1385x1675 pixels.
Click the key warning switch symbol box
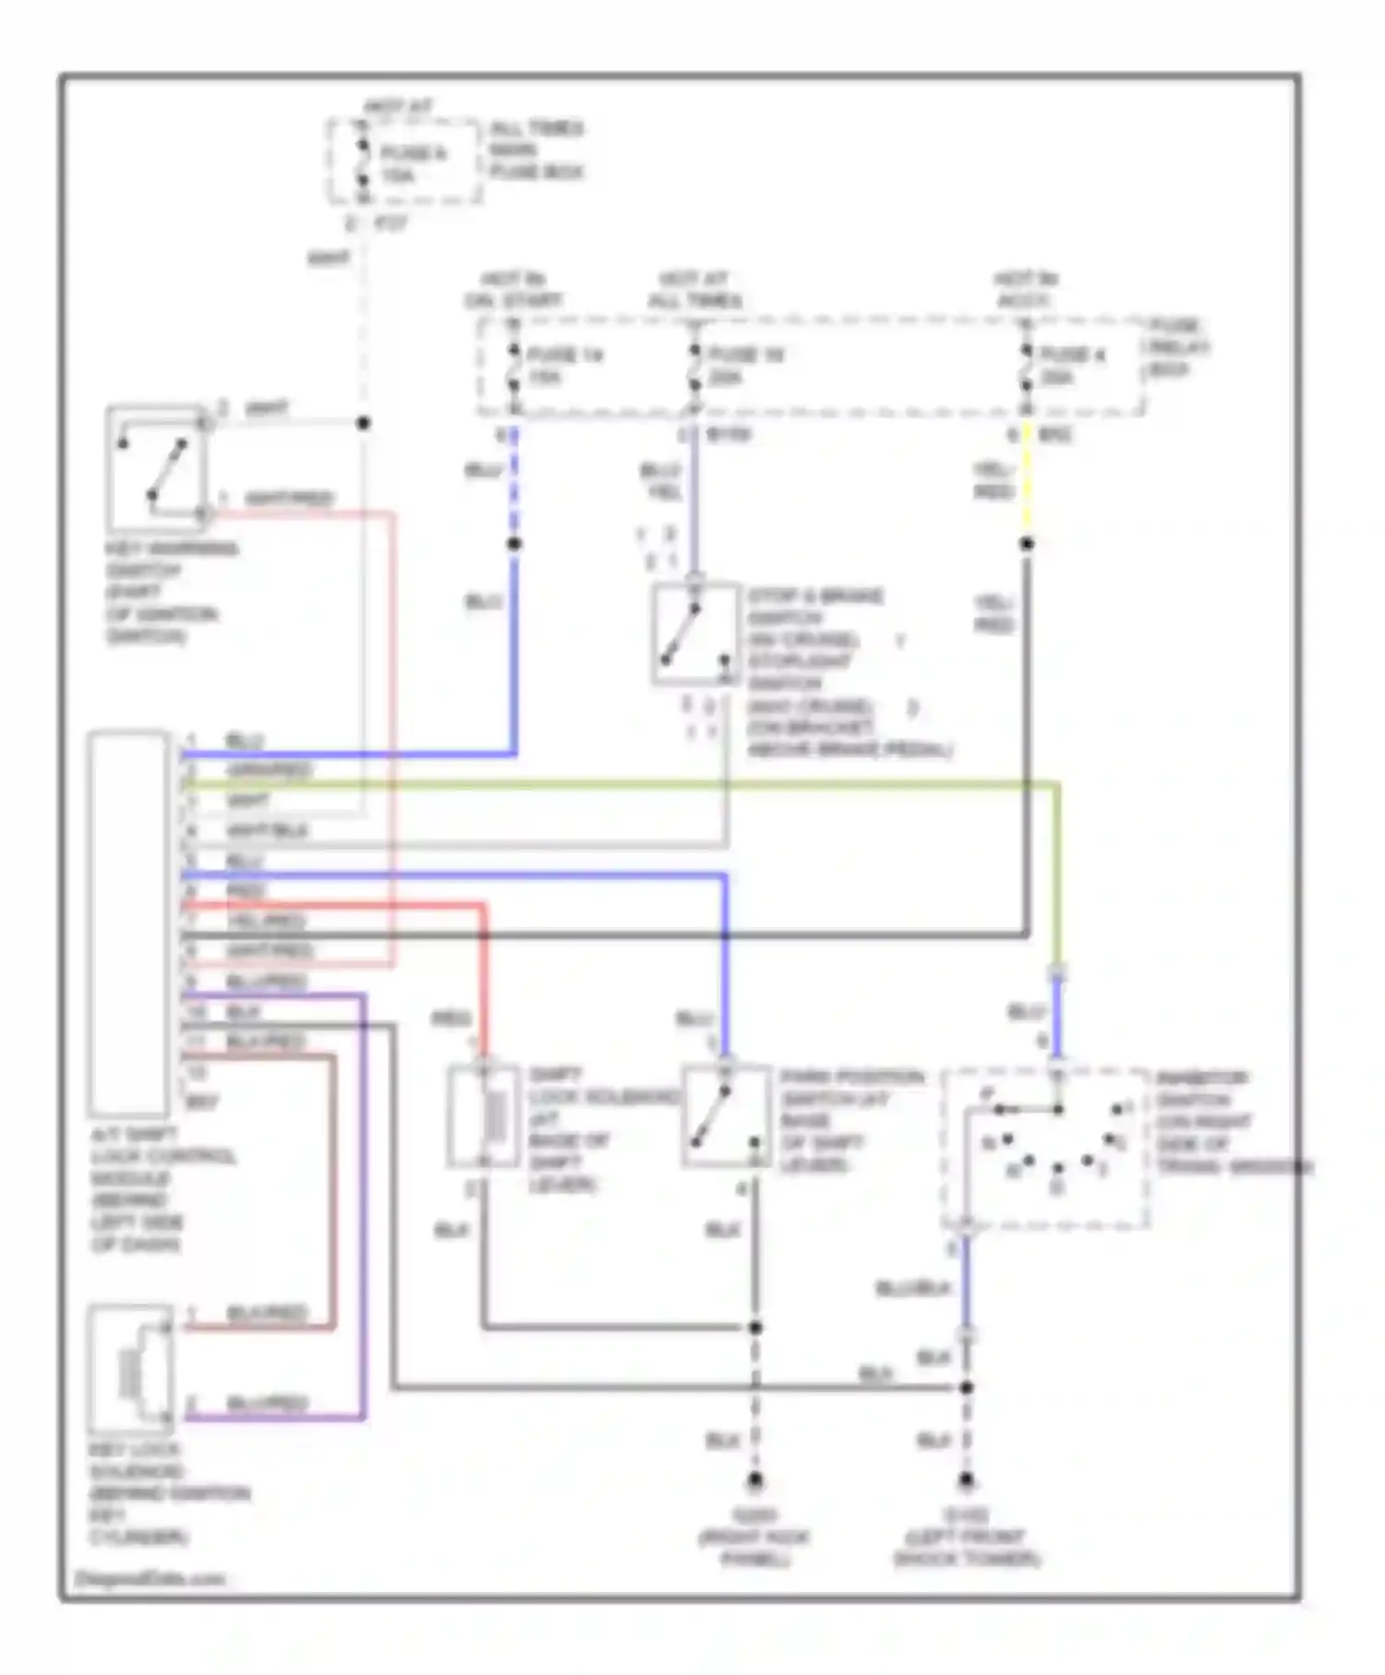[155, 469]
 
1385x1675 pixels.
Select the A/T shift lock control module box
[129, 923]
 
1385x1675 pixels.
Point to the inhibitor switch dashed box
[1046, 1150]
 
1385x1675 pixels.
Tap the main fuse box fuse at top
[363, 163]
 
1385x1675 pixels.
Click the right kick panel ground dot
[755, 1481]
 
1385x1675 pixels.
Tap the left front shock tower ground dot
[966, 1481]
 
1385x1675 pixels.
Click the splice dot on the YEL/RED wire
[1026, 544]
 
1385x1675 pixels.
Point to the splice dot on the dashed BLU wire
[514, 544]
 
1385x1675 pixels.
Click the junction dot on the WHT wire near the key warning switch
[364, 423]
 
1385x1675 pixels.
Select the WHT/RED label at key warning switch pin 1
[287, 500]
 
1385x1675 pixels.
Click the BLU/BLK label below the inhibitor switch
[912, 1288]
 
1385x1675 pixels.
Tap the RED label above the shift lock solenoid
[451, 1018]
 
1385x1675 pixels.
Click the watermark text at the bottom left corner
[150, 1578]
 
